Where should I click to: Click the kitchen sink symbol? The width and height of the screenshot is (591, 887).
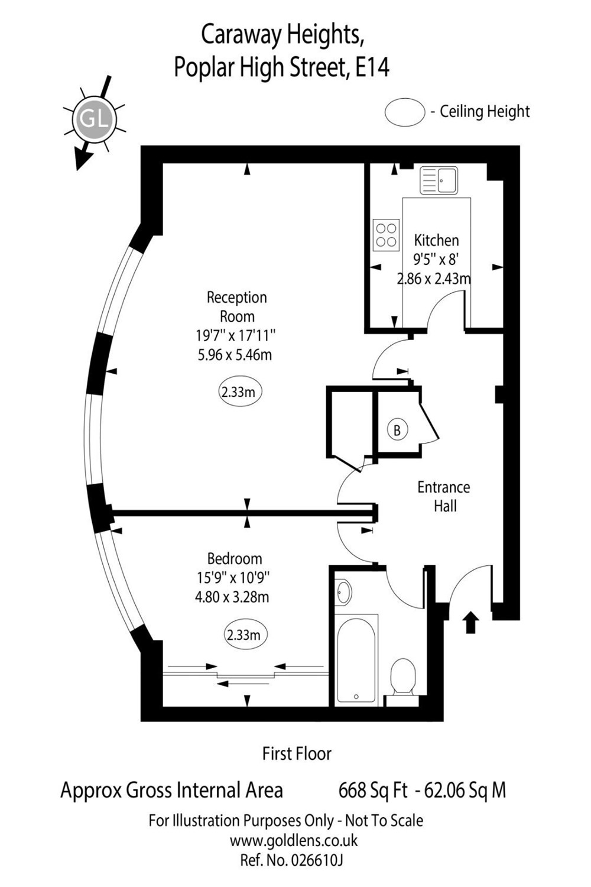click(x=439, y=180)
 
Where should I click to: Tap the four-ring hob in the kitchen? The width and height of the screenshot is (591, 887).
click(x=386, y=235)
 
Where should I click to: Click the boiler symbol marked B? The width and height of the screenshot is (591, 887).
click(x=397, y=430)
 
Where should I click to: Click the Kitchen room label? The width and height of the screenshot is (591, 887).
click(x=436, y=240)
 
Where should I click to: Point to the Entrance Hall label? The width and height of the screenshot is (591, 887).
click(x=444, y=497)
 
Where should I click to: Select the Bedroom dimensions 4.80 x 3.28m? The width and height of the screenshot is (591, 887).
click(x=232, y=597)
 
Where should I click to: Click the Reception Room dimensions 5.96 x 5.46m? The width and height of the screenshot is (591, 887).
click(x=235, y=354)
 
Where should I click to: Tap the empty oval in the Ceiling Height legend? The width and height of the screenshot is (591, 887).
click(x=405, y=112)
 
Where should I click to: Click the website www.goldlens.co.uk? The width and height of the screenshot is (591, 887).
click(x=294, y=840)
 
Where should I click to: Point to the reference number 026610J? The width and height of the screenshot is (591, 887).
click(x=316, y=860)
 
